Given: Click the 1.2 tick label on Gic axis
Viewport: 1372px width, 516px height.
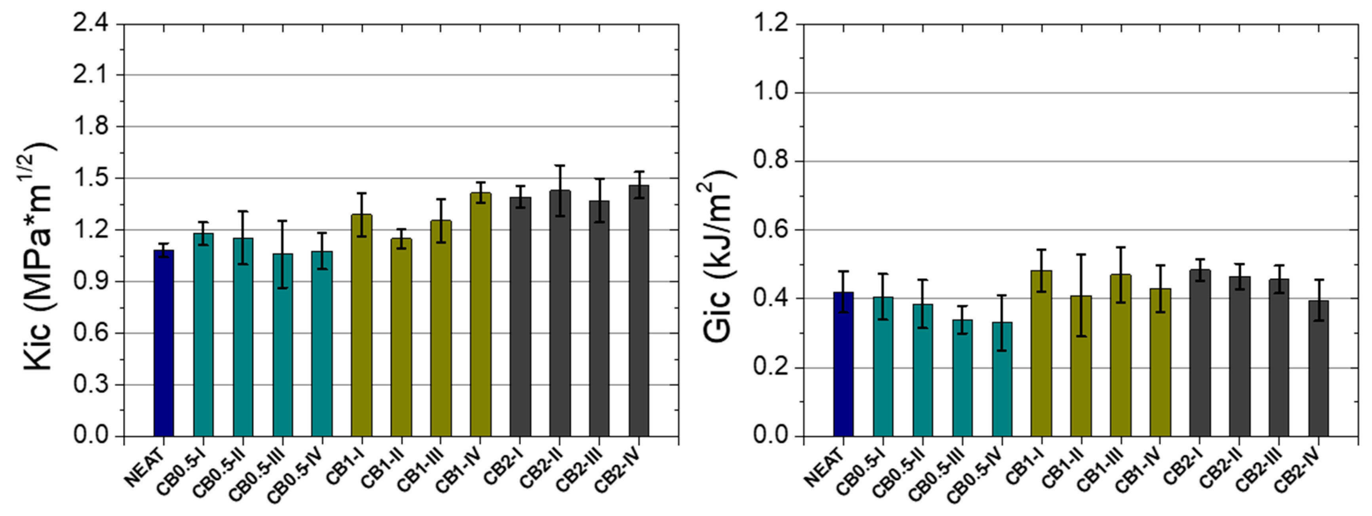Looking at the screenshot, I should (x=771, y=24).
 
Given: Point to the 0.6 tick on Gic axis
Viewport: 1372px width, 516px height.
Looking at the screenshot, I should (x=771, y=230).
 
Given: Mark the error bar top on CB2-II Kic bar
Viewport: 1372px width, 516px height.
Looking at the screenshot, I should (x=560, y=165).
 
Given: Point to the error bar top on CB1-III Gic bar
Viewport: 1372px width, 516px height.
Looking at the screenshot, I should (x=1120, y=247).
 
